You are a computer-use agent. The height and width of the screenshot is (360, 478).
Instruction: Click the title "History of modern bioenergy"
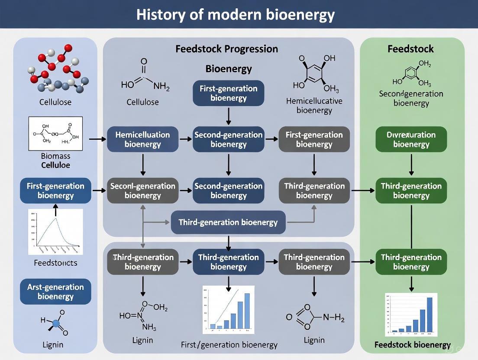tap(236, 14)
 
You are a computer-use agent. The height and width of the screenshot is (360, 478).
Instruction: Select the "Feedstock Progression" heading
tap(226, 49)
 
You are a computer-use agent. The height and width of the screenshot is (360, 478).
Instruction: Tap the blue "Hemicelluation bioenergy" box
tap(142, 139)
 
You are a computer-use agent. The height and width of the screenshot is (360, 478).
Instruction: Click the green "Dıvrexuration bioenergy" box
tap(411, 139)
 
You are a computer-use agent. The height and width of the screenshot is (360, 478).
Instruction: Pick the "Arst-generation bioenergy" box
tap(55, 292)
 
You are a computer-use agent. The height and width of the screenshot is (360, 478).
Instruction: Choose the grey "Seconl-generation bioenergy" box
tap(142, 190)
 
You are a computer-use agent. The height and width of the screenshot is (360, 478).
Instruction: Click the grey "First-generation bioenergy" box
tap(314, 139)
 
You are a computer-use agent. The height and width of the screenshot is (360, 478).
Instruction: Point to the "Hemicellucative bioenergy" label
tap(314, 106)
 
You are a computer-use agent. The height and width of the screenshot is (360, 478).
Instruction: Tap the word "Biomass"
tap(55, 156)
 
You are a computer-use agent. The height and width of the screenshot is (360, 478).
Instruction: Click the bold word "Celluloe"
tap(55, 165)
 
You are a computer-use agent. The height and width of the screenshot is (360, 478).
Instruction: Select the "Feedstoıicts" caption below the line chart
tap(55, 263)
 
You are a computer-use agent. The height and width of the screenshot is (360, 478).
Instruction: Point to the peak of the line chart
tap(55, 218)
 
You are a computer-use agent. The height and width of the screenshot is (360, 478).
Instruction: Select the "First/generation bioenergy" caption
tap(229, 345)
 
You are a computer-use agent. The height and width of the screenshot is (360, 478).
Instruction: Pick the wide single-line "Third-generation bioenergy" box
tap(228, 222)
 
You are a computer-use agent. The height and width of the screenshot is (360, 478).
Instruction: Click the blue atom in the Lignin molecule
tap(55, 323)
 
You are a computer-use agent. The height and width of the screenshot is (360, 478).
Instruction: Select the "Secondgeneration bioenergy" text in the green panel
tap(411, 98)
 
